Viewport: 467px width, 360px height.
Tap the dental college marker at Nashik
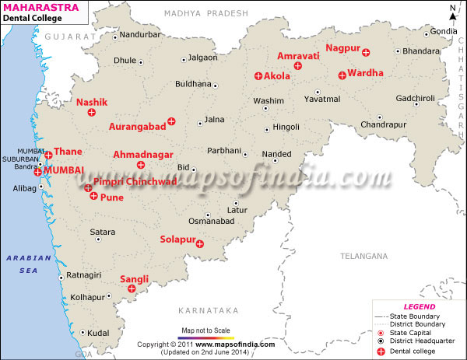click(91, 114)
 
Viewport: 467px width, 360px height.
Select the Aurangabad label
click(138, 126)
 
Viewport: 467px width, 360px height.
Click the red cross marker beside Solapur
click(200, 244)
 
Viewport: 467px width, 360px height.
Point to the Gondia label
click(444, 31)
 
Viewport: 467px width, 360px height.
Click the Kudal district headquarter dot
click(83, 332)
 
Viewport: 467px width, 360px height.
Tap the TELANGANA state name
click(363, 256)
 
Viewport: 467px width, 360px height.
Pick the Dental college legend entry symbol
click(381, 351)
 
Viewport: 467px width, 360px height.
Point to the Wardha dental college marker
click(342, 75)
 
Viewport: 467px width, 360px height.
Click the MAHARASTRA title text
click(35, 7)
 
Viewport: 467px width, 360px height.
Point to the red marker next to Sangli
click(132, 288)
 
